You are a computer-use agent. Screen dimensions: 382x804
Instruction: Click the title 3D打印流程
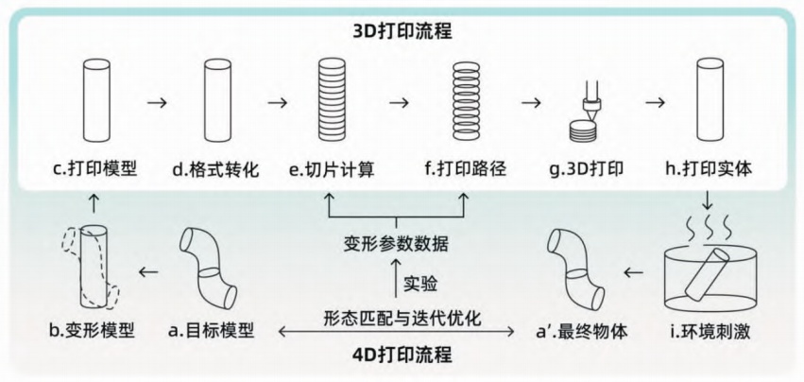(402, 30)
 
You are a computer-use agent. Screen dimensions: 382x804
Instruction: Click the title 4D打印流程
(402, 356)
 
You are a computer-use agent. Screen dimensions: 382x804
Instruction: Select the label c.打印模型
(94, 170)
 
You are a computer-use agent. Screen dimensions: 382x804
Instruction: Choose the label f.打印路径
(466, 170)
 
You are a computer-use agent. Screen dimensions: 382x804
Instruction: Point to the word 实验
(421, 283)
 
